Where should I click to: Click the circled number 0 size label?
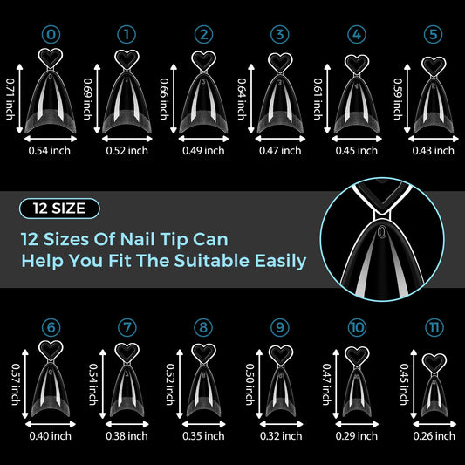pos(51,35)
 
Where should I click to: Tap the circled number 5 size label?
pos(433,35)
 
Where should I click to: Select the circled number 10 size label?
pos(357,328)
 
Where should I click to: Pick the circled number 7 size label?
pos(127,328)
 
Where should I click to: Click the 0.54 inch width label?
pos(50,151)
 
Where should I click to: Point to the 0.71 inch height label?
pos(10,99)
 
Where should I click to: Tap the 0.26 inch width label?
pos(434,436)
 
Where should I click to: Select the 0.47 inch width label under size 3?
pos(280,151)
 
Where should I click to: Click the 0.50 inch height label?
pos(250,385)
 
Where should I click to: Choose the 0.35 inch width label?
pos(203,436)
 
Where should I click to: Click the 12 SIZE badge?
pos(59,209)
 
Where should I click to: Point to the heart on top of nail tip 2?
pos(203,61)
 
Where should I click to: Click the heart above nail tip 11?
pos(434,363)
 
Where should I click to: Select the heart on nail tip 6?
pos(51,350)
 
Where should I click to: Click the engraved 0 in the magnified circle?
pos(382,231)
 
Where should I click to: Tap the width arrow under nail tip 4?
pos(357,139)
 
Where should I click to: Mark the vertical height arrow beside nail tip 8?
pos(180,384)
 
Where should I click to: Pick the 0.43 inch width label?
pos(433,151)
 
